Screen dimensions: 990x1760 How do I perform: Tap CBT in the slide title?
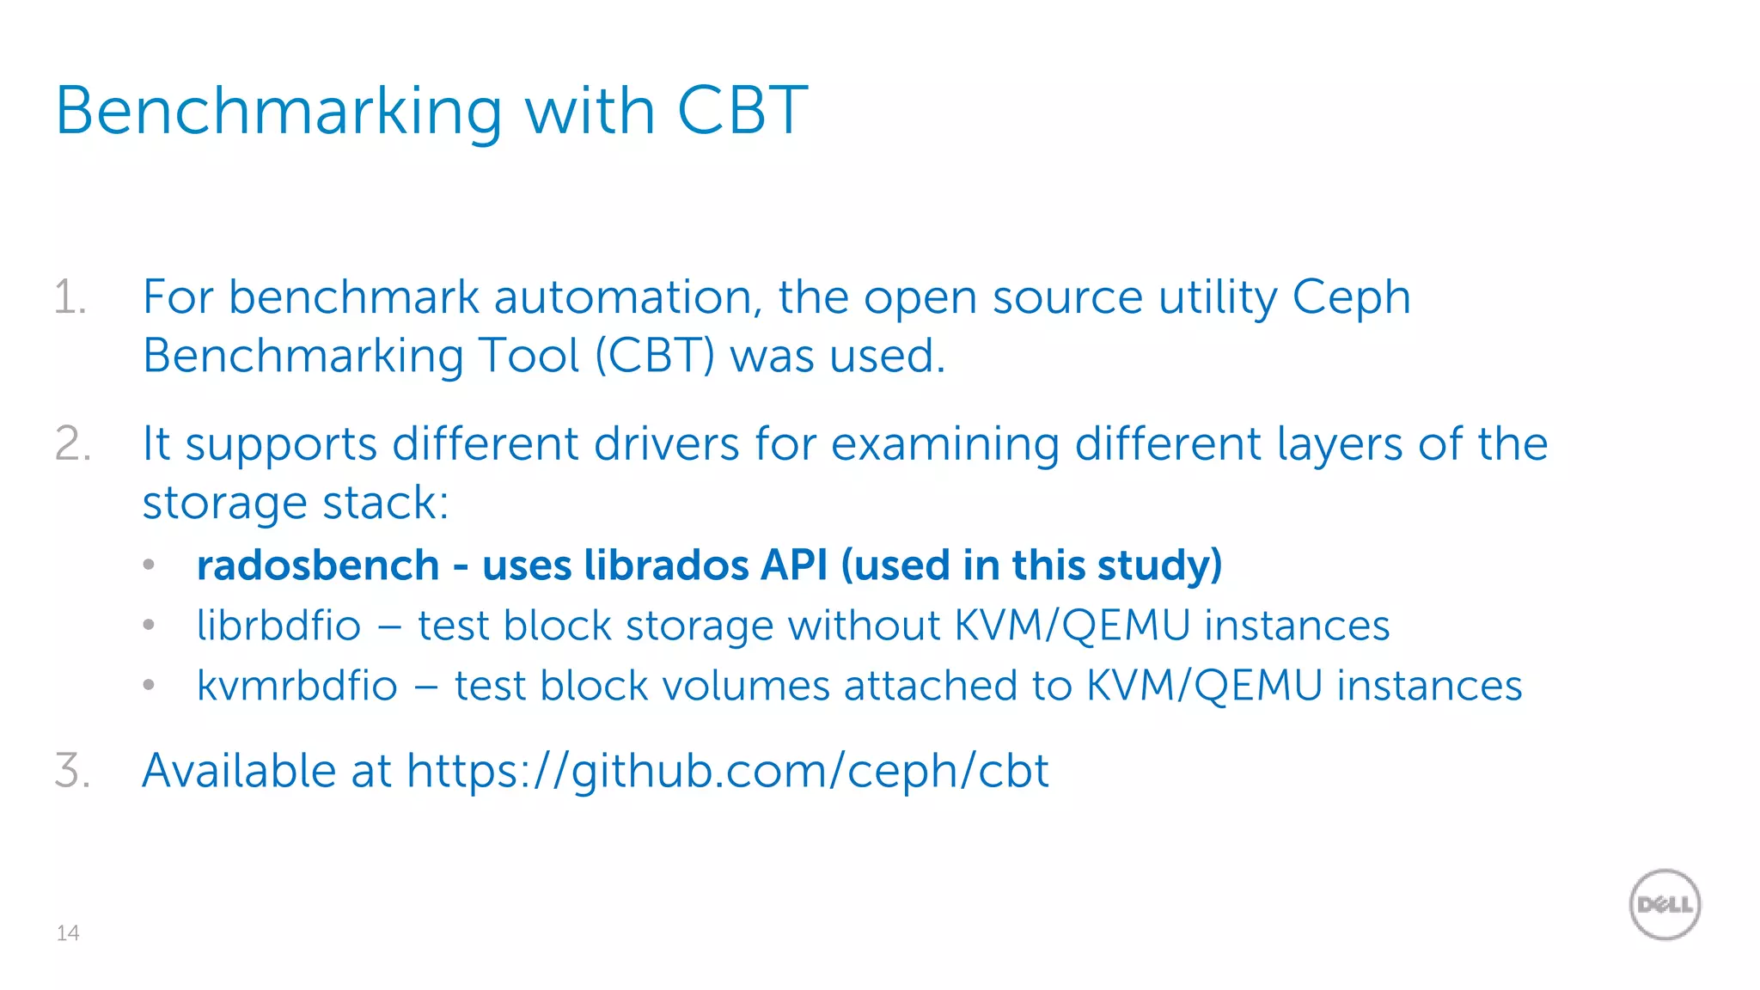(x=742, y=112)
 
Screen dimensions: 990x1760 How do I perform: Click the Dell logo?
(x=1665, y=904)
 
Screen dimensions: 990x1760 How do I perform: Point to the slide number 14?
(x=68, y=933)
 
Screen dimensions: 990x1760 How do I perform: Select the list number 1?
(x=70, y=298)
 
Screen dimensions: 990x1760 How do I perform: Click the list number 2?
(x=72, y=444)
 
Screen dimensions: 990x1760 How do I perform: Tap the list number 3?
(x=72, y=770)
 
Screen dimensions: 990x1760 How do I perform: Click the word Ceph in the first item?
(x=1351, y=298)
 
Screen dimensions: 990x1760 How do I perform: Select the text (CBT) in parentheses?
(x=655, y=356)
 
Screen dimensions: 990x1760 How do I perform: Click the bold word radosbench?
(x=318, y=565)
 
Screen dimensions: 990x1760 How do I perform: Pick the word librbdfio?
(x=278, y=625)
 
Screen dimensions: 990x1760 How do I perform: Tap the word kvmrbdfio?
(x=297, y=686)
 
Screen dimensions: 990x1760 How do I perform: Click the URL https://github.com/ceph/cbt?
(x=727, y=770)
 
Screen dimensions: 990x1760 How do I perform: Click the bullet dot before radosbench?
(x=149, y=565)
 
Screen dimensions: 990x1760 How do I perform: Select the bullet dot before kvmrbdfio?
(x=149, y=686)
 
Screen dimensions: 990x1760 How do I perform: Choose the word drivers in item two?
(x=667, y=444)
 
